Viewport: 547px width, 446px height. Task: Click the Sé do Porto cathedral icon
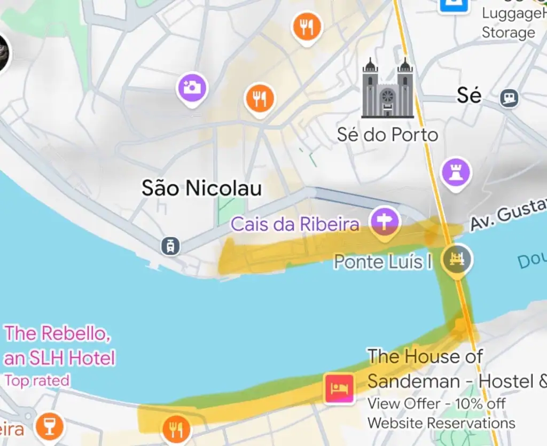(x=388, y=89)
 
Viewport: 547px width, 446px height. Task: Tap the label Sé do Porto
(x=387, y=134)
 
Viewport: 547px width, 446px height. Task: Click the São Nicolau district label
(x=201, y=188)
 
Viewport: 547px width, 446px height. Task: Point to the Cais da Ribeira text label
(x=295, y=224)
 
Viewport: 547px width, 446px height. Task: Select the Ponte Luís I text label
(x=382, y=262)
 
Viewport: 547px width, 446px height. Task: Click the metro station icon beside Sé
(x=510, y=98)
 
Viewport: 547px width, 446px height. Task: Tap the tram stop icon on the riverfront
(x=170, y=246)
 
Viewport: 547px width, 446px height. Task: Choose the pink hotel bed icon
(x=339, y=387)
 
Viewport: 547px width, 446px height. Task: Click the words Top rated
(x=37, y=380)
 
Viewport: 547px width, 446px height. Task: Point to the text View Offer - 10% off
(x=436, y=403)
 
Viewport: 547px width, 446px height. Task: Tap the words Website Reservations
(x=441, y=423)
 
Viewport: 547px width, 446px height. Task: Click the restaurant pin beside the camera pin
(x=260, y=99)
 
